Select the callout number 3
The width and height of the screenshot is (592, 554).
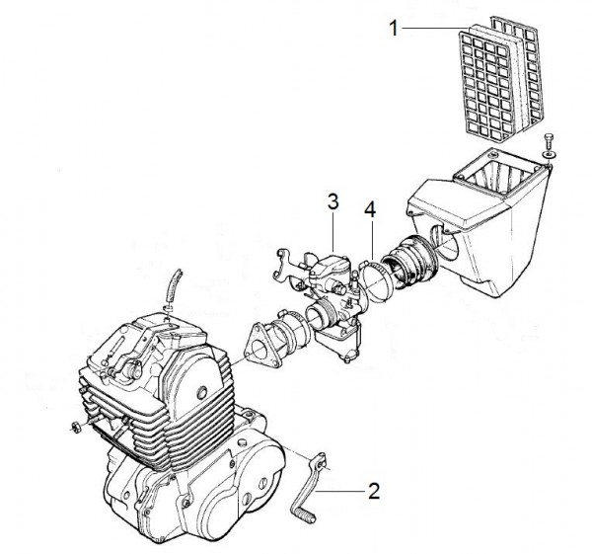[333, 200]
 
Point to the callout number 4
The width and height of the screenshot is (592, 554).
[369, 209]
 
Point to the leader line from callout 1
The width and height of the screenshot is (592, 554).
[434, 30]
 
